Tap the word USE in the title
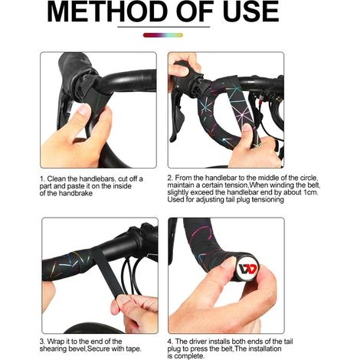[x=250, y=11]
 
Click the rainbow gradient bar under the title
[x=163, y=35]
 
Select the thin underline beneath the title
[x=164, y=27]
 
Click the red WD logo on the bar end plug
[x=247, y=268]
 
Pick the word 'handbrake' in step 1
[x=76, y=193]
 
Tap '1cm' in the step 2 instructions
[x=310, y=192]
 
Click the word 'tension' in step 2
[x=236, y=185]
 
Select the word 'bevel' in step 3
[x=77, y=349]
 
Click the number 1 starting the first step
[x=41, y=178]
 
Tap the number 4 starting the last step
[x=170, y=342]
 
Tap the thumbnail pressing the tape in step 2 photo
[x=247, y=127]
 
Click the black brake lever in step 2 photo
[x=178, y=113]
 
